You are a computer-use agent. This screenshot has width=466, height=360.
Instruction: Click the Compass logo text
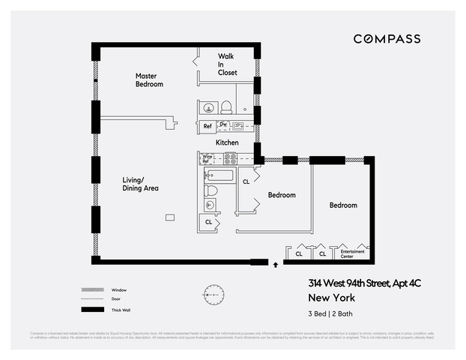tap(387, 39)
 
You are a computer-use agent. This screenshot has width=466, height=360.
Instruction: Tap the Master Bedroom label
tap(149, 80)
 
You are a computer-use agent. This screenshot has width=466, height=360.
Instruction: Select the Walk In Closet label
tap(227, 64)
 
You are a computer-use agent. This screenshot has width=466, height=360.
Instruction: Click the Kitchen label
tap(227, 142)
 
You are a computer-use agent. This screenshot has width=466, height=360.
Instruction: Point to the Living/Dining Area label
tap(141, 184)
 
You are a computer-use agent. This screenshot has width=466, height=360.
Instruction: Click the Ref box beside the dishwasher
tap(207, 126)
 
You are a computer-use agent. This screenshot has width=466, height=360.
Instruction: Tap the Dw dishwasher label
tap(223, 124)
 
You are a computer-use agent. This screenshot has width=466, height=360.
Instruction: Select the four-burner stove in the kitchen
tap(231, 159)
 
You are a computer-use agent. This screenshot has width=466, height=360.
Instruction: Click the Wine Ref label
tap(206, 159)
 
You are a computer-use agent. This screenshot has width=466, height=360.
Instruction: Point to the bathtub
tap(219, 175)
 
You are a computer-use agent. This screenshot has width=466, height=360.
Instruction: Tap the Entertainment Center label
tap(352, 253)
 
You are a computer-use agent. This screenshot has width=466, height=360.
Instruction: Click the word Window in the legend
tap(118, 289)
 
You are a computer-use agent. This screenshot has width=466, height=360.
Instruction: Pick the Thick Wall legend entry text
tap(121, 309)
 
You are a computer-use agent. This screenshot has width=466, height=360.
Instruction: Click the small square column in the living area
tap(170, 217)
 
